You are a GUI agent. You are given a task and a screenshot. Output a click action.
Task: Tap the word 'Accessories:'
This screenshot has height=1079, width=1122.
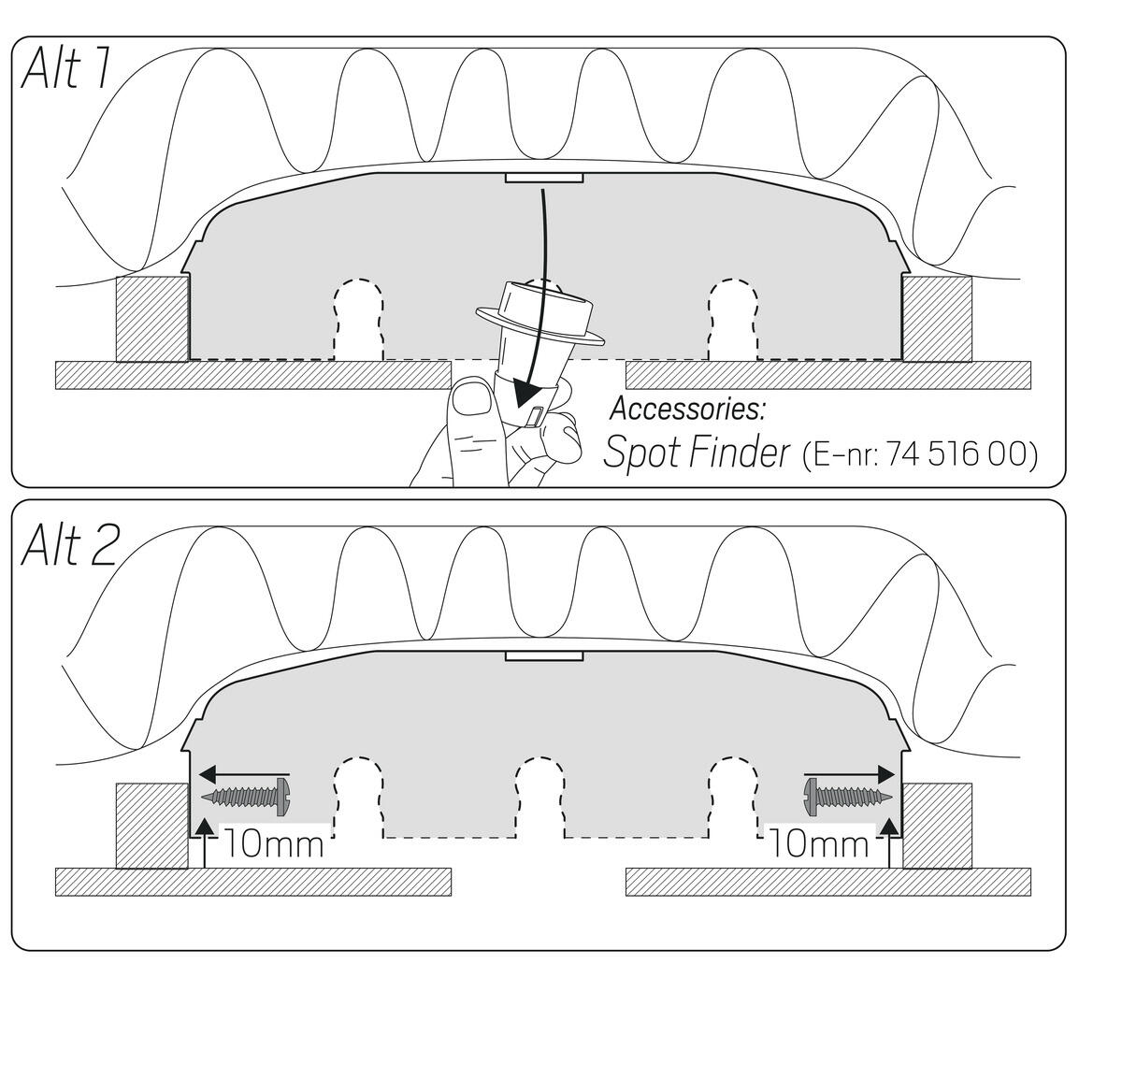[x=687, y=409]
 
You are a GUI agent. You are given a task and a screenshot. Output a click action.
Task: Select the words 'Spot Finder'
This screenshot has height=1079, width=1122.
[x=697, y=453]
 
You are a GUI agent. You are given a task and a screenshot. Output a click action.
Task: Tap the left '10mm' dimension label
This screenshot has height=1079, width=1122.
[x=274, y=844]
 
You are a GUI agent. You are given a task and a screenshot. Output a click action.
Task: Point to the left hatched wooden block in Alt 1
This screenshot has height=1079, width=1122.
[x=151, y=318]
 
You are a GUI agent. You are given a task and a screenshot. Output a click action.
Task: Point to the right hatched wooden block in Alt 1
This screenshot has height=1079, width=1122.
[x=937, y=318]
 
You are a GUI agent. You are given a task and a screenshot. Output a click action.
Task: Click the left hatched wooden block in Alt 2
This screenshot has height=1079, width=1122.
[x=151, y=826]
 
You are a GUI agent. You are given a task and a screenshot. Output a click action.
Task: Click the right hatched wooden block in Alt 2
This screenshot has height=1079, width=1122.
[x=937, y=826]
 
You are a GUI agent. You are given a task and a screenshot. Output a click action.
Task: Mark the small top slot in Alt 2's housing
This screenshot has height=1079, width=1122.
[x=544, y=656]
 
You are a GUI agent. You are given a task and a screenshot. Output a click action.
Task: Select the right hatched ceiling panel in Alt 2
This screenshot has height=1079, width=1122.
[x=827, y=882]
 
